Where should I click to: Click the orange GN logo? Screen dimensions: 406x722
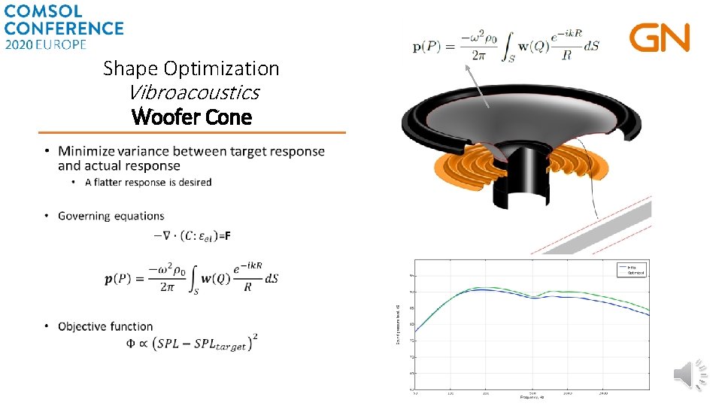660,38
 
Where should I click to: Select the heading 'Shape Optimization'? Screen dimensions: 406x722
191,68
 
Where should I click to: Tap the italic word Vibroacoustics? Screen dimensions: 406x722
193,92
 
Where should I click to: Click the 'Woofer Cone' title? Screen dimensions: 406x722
191,117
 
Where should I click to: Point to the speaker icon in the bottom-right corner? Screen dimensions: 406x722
690,374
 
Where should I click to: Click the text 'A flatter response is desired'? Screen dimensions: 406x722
148,182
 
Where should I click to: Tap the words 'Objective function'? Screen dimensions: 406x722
105,326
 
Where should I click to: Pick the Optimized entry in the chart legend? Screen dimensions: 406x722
636,274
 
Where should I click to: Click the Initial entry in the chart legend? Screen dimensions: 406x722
633,267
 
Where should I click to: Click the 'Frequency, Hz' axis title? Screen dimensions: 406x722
531,397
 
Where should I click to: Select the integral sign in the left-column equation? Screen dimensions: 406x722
187,277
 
